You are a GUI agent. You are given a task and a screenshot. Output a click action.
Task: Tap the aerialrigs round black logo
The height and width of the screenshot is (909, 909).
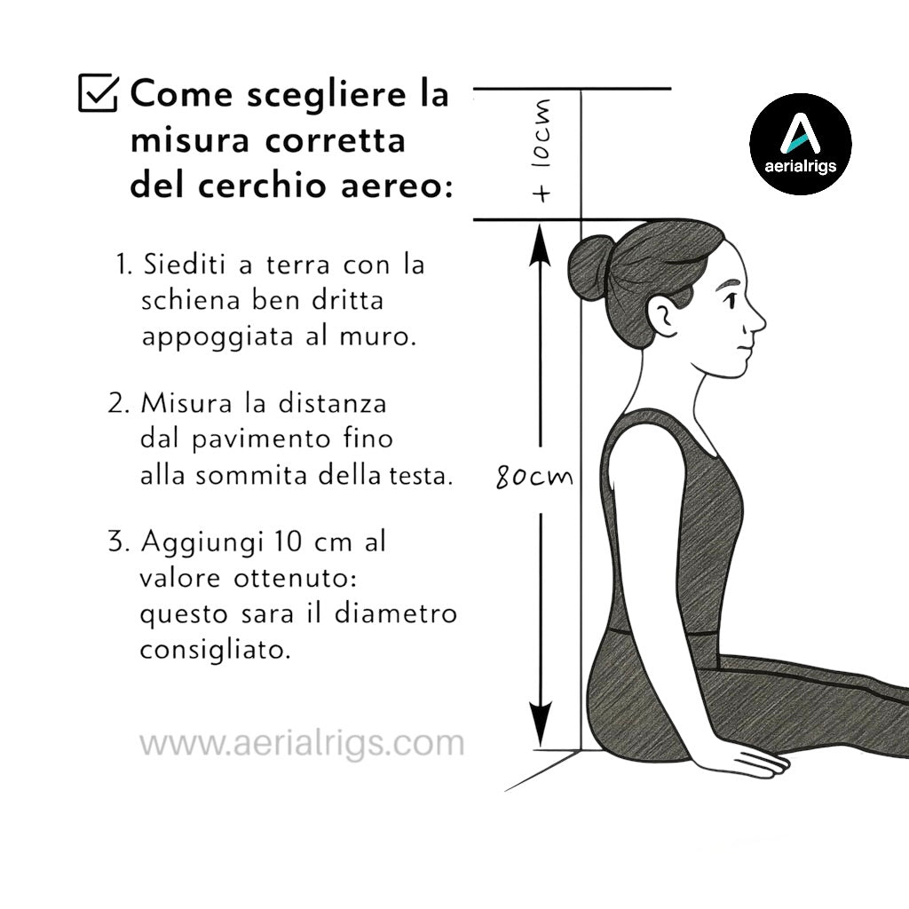pos(800,144)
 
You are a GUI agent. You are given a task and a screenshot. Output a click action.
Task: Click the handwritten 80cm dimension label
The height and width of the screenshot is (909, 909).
pos(534,478)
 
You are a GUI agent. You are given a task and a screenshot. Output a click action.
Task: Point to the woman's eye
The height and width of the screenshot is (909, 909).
pos(730,299)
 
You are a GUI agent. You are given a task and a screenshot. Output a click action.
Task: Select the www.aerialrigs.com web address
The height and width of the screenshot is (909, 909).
pos(302,743)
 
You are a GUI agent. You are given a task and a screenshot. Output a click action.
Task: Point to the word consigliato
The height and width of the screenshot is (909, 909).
pos(216,650)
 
